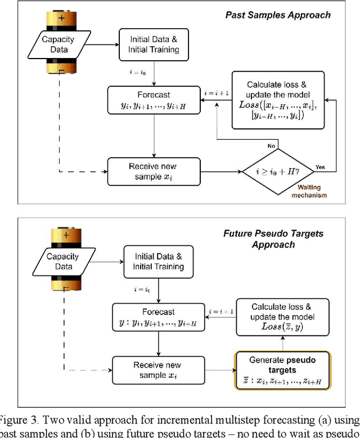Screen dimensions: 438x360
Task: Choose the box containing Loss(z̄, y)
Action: pyautogui.click(x=281, y=317)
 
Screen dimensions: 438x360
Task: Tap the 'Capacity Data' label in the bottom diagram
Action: pyautogui.click(x=64, y=262)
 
